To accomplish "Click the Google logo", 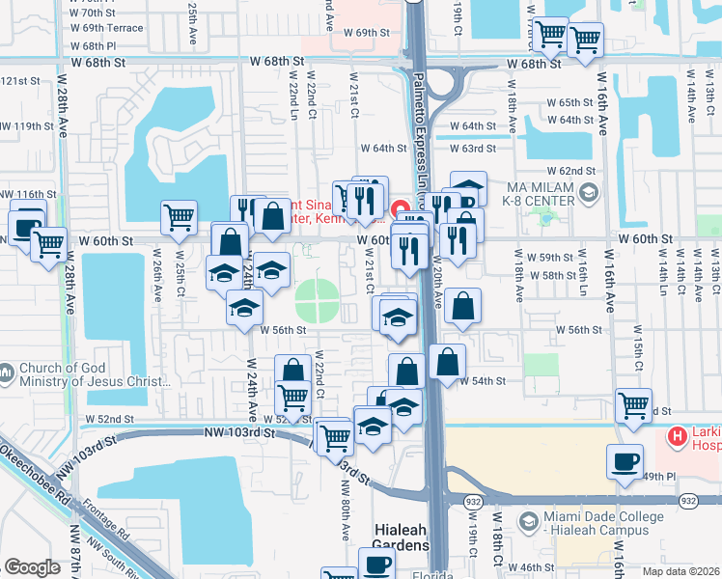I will (x=32, y=568).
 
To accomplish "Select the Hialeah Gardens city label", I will (x=401, y=538).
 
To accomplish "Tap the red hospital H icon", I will (x=678, y=436).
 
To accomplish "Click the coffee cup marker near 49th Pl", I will (x=624, y=460).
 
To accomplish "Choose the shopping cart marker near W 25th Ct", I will (x=179, y=217).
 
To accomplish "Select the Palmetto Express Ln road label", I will (x=421, y=125).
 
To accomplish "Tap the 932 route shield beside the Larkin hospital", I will (x=688, y=501).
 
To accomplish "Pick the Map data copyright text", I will (x=680, y=571).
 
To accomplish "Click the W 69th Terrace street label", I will (x=107, y=29).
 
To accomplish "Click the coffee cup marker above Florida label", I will (x=375, y=564).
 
